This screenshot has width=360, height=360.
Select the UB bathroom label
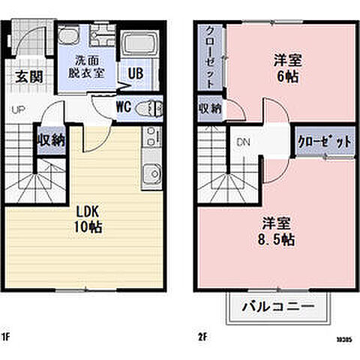point(136,73)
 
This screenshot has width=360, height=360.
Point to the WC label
point(124,106)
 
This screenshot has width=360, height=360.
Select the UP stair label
point(17,109)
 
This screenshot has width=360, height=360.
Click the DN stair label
point(243,141)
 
